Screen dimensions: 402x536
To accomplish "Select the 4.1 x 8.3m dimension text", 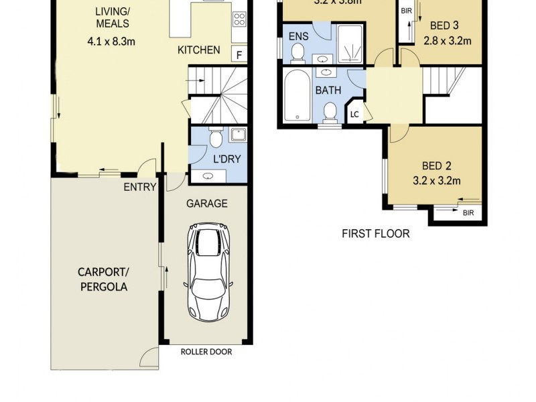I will [111, 41].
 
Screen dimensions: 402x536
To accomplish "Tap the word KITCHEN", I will [198, 50].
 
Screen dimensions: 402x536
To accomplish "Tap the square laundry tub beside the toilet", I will [237, 136].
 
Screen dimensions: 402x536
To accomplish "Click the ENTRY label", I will [140, 187].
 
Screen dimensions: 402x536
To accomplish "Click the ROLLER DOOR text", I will [206, 352].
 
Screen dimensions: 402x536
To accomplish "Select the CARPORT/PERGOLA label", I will [102, 279].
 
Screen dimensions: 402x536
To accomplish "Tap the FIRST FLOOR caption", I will [375, 234].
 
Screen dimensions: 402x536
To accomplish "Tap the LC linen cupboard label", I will [354, 115].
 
